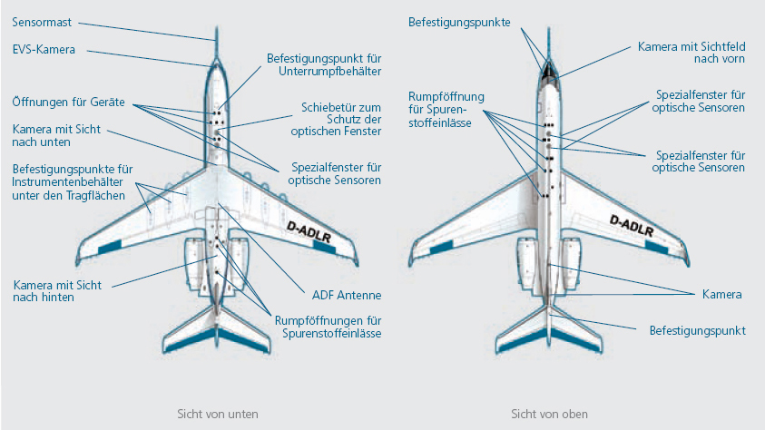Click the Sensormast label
pyautogui.click(x=43, y=21)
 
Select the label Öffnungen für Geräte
pyautogui.click(x=68, y=102)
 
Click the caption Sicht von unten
pyautogui.click(x=217, y=414)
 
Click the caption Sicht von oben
pyautogui.click(x=550, y=414)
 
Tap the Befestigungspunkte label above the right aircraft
pyautogui.click(x=458, y=21)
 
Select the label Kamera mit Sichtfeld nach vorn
pyautogui.click(x=691, y=52)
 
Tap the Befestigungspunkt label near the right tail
pyautogui.click(x=697, y=331)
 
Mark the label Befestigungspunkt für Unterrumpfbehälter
pyautogui.click(x=323, y=64)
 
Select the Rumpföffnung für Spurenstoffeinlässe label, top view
pyautogui.click(x=446, y=110)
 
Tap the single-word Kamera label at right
pyautogui.click(x=722, y=295)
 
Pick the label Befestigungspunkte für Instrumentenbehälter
pyautogui.click(x=73, y=183)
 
